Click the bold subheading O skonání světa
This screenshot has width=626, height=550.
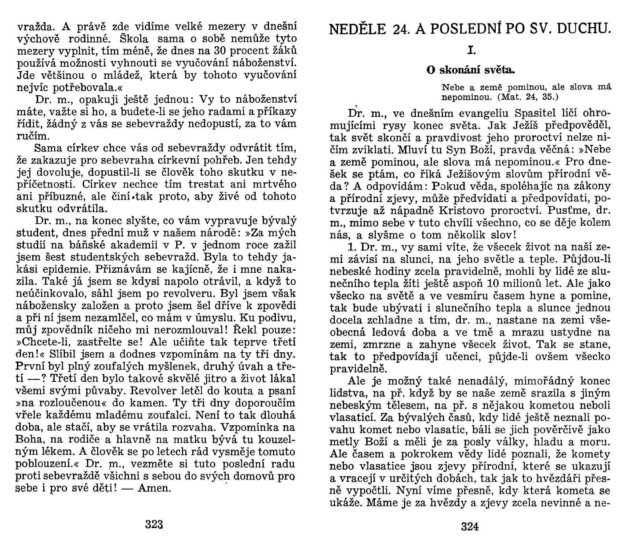click(471, 70)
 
